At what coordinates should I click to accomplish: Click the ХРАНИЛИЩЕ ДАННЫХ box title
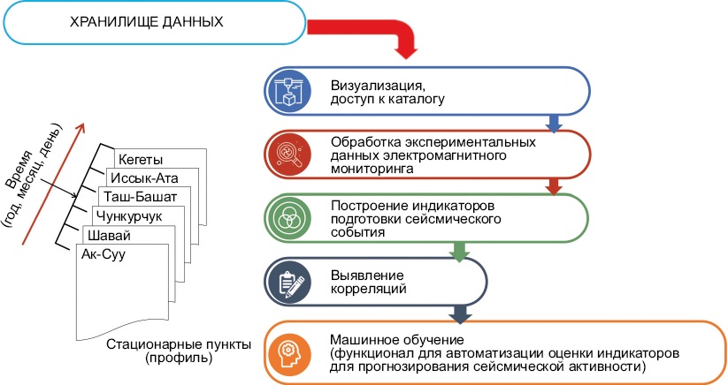point(146,22)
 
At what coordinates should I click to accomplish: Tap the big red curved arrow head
point(407,52)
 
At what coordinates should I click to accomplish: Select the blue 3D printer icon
point(287,91)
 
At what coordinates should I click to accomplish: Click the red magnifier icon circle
point(287,155)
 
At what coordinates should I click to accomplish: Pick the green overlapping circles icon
point(287,218)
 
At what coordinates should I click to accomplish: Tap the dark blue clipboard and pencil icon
point(287,283)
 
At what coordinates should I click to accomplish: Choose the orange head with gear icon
point(288,354)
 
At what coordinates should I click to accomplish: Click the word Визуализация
point(378,86)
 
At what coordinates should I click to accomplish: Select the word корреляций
point(368,289)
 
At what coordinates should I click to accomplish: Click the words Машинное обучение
point(397,340)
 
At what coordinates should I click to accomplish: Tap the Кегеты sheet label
point(141,160)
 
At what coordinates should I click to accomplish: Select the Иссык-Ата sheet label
point(144,177)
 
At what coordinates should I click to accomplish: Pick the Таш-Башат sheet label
point(141,197)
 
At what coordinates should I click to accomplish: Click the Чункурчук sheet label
point(129,215)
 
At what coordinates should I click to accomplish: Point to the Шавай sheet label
point(109,236)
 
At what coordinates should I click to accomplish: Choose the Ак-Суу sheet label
point(103,254)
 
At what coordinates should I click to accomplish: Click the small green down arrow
point(459,252)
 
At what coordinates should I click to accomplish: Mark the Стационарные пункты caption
point(179,344)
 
